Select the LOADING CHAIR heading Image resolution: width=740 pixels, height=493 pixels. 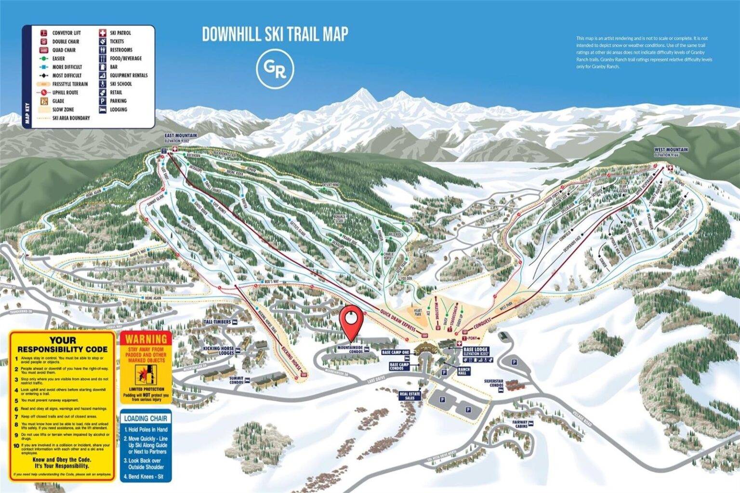(145, 418)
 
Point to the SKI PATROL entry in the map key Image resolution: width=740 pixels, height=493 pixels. (120, 33)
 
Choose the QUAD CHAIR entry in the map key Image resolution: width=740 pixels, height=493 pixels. (64, 50)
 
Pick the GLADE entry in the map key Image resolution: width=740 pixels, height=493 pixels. (58, 101)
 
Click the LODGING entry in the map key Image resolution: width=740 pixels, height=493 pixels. (118, 109)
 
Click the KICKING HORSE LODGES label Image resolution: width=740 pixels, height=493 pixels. (219, 350)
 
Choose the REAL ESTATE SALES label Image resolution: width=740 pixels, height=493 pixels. (410, 396)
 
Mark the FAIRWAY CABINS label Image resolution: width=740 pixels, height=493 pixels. (520, 424)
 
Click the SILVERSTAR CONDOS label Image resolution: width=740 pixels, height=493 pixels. (494, 383)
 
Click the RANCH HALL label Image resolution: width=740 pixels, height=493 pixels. (464, 372)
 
